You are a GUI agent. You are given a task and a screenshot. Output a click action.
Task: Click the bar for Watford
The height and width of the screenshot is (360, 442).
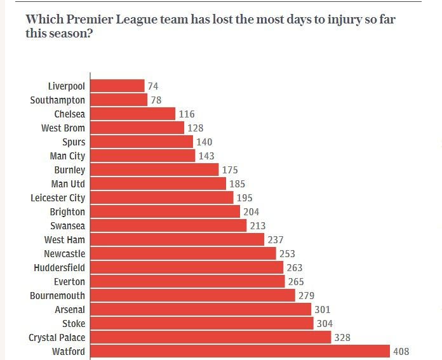pyautogui.click(x=240, y=351)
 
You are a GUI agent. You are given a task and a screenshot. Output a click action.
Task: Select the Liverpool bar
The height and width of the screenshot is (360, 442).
pyautogui.click(x=117, y=86)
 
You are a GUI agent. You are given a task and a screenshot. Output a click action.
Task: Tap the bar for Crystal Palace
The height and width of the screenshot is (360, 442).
pyautogui.click(x=211, y=337)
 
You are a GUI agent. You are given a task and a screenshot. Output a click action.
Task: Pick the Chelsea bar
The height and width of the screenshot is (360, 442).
pyautogui.click(x=133, y=114)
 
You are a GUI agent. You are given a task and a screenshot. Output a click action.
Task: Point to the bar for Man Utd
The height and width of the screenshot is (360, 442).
pyautogui.click(x=158, y=183)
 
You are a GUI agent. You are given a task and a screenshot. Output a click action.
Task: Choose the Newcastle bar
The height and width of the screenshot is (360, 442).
pyautogui.click(x=184, y=253)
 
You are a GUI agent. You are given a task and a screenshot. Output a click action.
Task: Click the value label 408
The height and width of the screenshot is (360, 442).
pyautogui.click(x=401, y=351)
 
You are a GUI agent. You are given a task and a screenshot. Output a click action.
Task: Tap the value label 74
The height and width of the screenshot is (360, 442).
pyautogui.click(x=153, y=86)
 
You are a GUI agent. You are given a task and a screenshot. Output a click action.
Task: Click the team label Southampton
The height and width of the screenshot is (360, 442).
pyautogui.click(x=57, y=100)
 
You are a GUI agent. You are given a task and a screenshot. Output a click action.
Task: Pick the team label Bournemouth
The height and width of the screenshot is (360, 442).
pyautogui.click(x=57, y=295)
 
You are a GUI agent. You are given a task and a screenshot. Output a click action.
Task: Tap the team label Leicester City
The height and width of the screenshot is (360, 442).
pyautogui.click(x=58, y=197)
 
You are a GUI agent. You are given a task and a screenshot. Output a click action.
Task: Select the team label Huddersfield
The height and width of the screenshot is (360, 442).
pyautogui.click(x=59, y=267)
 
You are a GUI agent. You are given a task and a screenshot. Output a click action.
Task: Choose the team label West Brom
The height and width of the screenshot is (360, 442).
pyautogui.click(x=64, y=128)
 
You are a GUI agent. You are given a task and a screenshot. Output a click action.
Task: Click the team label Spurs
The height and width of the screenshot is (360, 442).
pyautogui.click(x=74, y=142)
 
